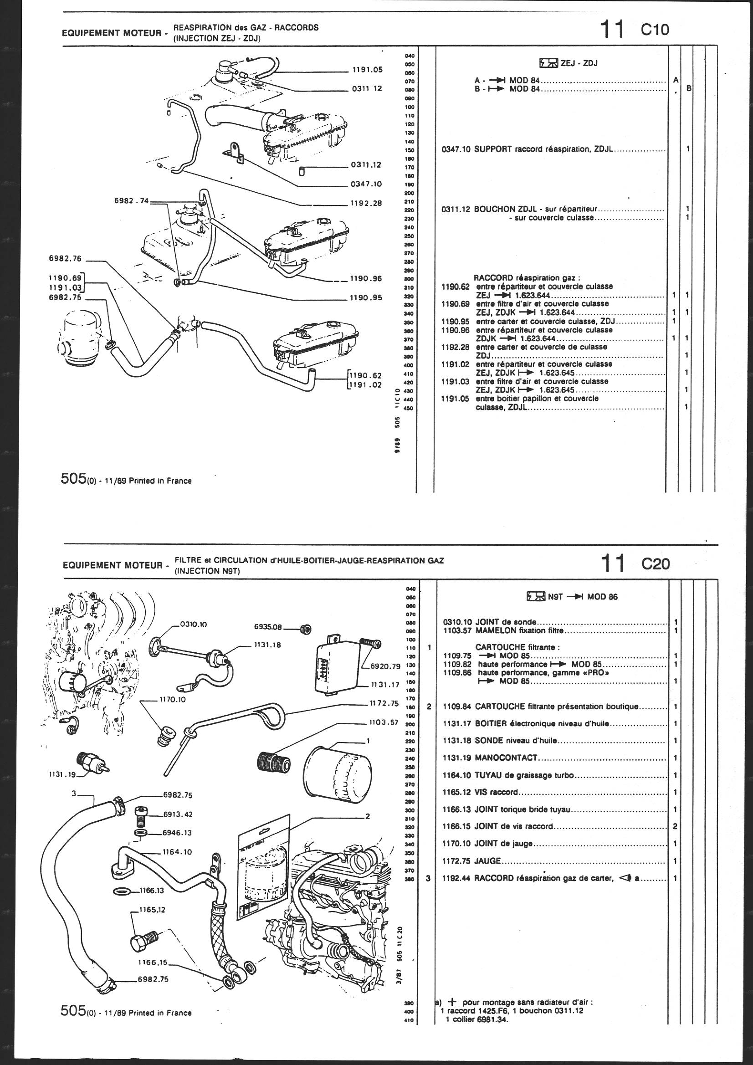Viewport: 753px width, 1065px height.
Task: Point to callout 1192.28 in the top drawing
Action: tap(367, 203)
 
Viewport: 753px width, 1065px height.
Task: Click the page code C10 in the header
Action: tap(655, 30)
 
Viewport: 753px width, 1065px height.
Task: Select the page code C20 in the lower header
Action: tap(656, 563)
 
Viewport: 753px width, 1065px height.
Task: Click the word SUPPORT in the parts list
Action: tap(494, 149)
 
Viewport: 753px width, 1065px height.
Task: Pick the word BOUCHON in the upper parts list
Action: tap(494, 209)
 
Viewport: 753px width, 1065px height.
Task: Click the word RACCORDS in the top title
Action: tap(297, 27)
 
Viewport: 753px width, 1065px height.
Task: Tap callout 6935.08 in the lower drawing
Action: tap(268, 627)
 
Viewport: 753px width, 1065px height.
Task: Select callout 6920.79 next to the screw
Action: tap(385, 666)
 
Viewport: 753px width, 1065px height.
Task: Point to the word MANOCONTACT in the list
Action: tap(506, 758)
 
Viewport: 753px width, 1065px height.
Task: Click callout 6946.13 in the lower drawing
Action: tap(177, 833)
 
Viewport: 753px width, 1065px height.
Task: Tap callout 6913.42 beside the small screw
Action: tap(178, 814)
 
